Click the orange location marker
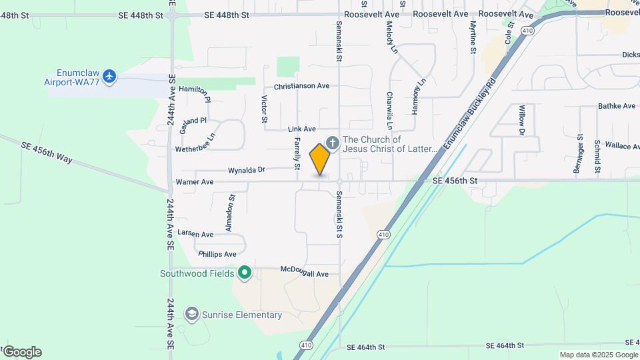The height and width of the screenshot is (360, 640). point(320,159)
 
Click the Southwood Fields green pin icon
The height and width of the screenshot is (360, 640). point(245,272)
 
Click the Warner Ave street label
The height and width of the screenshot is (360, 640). point(194,181)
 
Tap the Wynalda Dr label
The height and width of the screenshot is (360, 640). point(247,170)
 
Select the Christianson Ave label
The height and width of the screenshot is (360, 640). point(302,86)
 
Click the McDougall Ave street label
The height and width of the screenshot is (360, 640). point(305,273)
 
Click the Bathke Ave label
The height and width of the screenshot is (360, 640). point(617,105)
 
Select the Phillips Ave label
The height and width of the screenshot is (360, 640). point(217,254)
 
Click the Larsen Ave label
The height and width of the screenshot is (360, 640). point(195,235)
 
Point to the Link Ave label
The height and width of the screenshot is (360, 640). point(302,129)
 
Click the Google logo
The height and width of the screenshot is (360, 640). point(21,352)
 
